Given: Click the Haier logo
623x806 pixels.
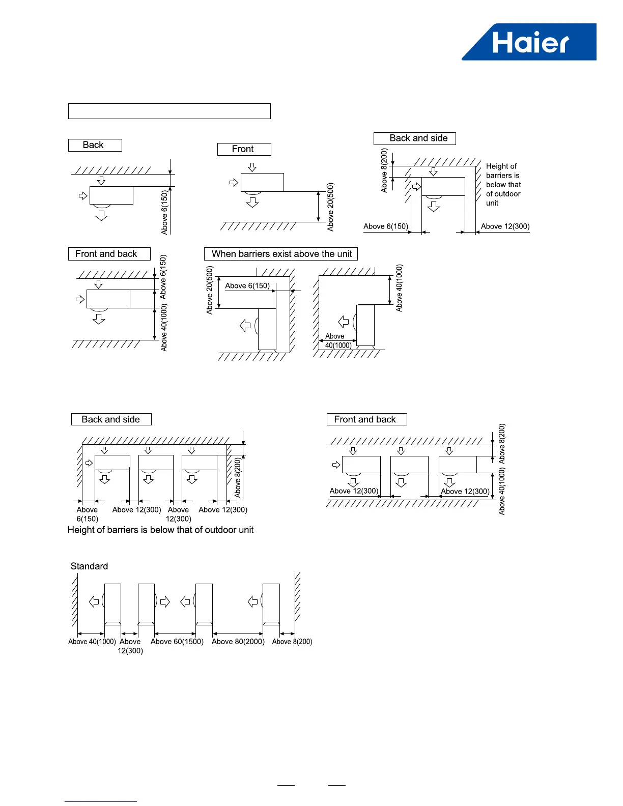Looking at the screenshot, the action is [x=530, y=42].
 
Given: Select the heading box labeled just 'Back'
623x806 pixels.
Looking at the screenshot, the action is [x=95, y=145].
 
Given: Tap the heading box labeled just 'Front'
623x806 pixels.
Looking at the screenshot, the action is [x=244, y=149].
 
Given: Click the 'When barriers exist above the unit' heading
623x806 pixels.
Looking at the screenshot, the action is [x=281, y=254].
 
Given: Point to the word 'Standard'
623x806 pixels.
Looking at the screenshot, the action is [x=89, y=566].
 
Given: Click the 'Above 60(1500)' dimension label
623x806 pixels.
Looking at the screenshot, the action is [x=177, y=642].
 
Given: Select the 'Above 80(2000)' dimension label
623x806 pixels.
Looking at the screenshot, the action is [x=238, y=642].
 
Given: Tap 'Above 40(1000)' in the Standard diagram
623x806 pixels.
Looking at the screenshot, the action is [x=92, y=642].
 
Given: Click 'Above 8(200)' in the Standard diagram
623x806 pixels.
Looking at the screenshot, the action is [x=292, y=642].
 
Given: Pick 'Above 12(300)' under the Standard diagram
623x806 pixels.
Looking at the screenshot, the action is [x=130, y=646].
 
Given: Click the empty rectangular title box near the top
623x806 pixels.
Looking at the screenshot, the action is [x=169, y=111].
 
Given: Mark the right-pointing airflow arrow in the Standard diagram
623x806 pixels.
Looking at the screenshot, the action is [x=165, y=602].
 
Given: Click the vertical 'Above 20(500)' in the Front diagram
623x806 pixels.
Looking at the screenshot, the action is [x=331, y=207].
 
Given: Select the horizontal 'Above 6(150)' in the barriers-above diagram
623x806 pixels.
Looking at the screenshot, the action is [x=247, y=286].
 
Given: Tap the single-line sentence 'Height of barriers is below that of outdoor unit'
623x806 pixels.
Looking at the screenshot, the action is [x=160, y=530].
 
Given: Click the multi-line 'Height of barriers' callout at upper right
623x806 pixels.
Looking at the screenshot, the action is [x=503, y=184].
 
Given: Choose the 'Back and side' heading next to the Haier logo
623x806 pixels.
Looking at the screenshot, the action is [x=415, y=138].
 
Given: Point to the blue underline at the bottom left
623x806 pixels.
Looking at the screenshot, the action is [x=101, y=801].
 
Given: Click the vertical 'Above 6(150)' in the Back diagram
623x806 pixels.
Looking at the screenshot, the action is [x=164, y=213].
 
